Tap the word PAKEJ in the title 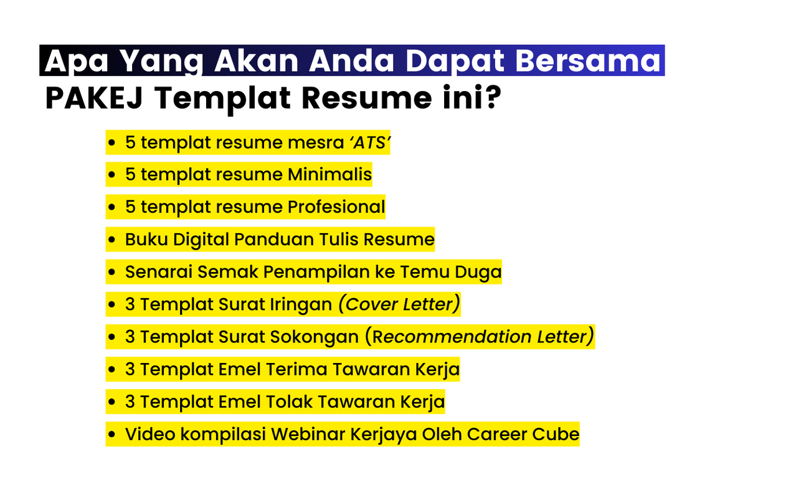click(x=94, y=98)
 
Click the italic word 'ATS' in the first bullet click(x=370, y=143)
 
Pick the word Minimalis click(x=330, y=174)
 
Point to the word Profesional click(x=336, y=207)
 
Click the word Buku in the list click(x=146, y=239)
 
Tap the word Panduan click(x=274, y=239)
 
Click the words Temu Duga click(x=450, y=272)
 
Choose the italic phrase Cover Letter click(x=399, y=304)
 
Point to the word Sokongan click(x=315, y=337)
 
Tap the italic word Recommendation click(x=452, y=337)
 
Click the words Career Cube click(x=523, y=434)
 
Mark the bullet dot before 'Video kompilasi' click(x=111, y=435)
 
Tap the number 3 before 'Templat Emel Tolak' click(x=130, y=402)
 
